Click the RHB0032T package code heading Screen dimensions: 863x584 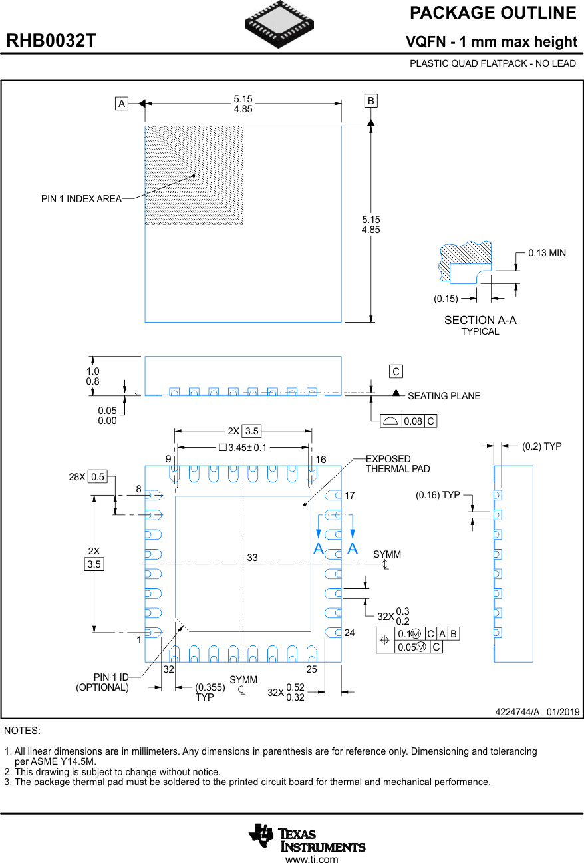[x=51, y=41]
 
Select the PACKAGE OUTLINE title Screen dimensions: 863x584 [x=493, y=13]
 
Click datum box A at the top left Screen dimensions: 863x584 [x=121, y=104]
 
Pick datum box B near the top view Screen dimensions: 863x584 [x=370, y=101]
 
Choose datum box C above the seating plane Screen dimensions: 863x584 [x=396, y=371]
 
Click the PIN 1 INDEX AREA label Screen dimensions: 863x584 [x=81, y=199]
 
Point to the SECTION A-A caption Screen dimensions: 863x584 [x=480, y=320]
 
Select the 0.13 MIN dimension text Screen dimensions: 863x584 [x=547, y=253]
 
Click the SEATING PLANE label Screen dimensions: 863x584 [x=444, y=396]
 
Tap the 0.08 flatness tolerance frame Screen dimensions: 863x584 [x=408, y=421]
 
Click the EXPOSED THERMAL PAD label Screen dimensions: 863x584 [x=397, y=464]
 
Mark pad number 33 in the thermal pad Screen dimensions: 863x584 [x=252, y=558]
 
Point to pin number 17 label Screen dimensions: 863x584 [x=350, y=496]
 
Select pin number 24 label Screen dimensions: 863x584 [x=350, y=633]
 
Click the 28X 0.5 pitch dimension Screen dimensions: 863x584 [x=88, y=476]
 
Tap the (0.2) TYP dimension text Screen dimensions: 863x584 [x=541, y=446]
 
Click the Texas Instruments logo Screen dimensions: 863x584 [x=307, y=837]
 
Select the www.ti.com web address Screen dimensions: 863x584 [x=311, y=859]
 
